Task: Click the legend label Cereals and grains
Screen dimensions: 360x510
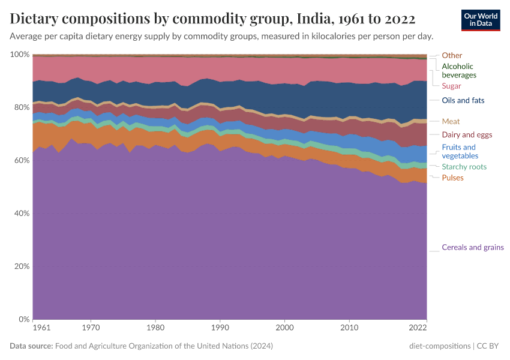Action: [x=472, y=247]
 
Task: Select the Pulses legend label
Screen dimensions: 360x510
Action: [x=452, y=178]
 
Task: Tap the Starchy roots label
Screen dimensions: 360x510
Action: [x=464, y=167]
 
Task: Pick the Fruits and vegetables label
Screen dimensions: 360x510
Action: [x=458, y=151]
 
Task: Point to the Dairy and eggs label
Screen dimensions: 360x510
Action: [x=467, y=134]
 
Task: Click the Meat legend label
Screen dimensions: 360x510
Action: [x=451, y=121]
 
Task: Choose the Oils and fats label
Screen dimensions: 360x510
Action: [x=463, y=100]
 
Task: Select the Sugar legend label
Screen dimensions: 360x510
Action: [x=451, y=86]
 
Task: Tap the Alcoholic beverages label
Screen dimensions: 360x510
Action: [x=459, y=71]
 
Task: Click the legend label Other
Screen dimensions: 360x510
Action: [x=452, y=55]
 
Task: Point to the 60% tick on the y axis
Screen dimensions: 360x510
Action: [x=20, y=160]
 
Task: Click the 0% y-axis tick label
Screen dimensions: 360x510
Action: [x=23, y=319]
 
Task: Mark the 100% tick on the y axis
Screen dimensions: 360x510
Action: [x=20, y=55]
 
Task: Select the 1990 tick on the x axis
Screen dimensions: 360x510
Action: [x=220, y=328]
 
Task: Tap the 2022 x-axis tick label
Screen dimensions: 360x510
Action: [x=418, y=328]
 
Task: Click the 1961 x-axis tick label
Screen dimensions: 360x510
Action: [x=41, y=328]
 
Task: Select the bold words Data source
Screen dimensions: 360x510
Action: [x=31, y=346]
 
